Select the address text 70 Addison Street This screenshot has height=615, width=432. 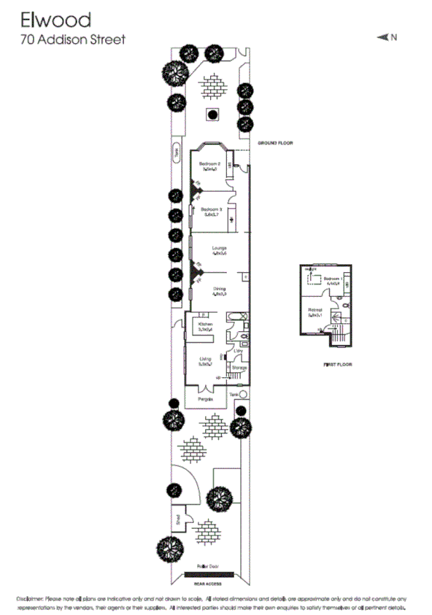click(x=72, y=39)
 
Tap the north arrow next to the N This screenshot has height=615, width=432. click(x=382, y=37)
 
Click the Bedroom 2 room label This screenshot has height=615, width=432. click(x=210, y=163)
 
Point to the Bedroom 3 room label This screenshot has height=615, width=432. click(x=210, y=209)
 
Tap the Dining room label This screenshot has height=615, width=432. click(x=219, y=289)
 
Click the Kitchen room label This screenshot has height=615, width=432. click(x=205, y=323)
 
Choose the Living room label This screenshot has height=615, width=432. click(x=205, y=359)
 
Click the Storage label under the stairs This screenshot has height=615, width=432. click(x=239, y=368)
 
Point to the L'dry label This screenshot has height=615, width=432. click(x=238, y=351)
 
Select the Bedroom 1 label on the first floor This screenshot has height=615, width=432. click(x=332, y=279)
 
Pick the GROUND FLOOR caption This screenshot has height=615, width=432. click(x=274, y=144)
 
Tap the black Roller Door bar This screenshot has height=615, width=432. click(x=209, y=574)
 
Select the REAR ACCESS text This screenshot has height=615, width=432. click(x=209, y=583)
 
